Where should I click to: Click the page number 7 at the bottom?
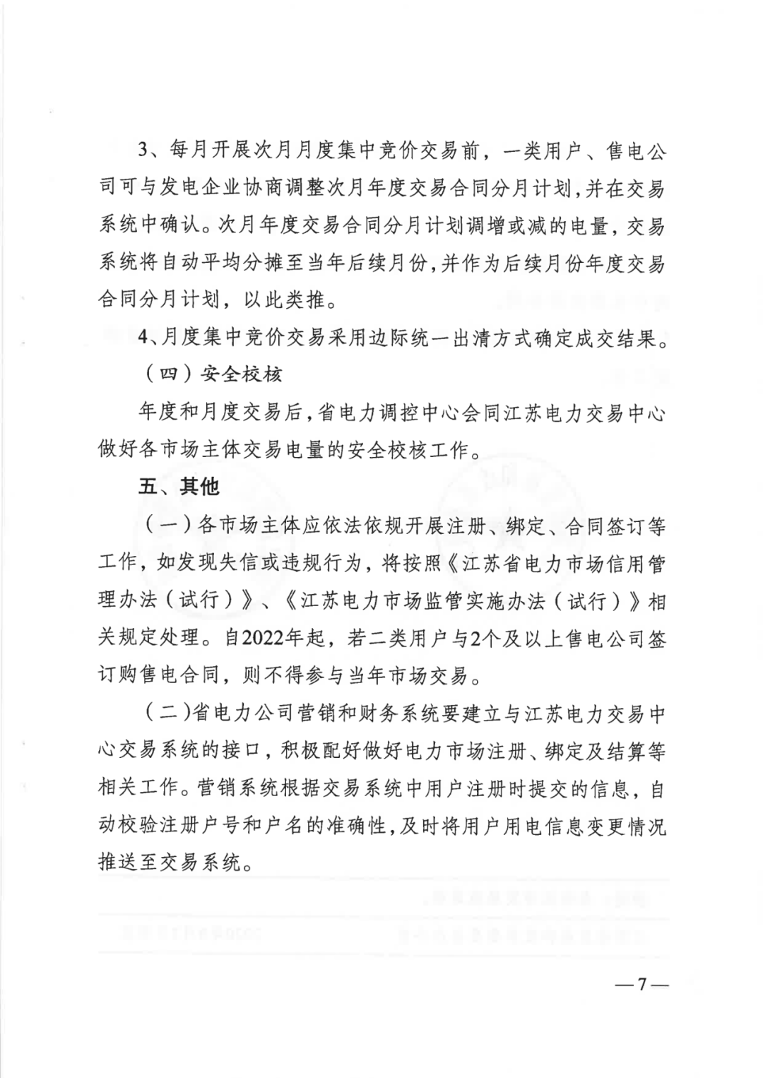coord(642,984)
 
